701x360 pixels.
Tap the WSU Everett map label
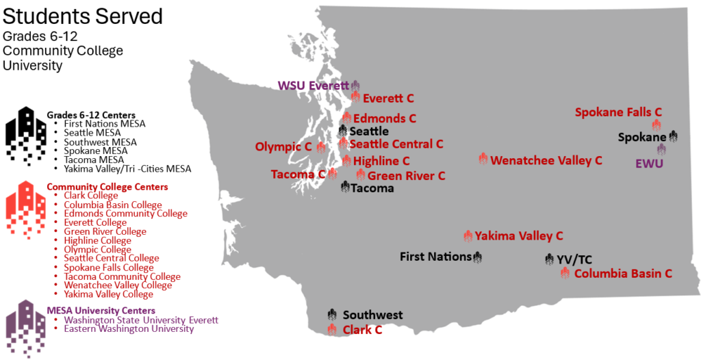click(313, 86)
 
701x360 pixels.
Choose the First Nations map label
click(435, 257)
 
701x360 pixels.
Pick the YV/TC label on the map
click(574, 259)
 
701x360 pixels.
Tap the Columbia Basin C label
click(623, 274)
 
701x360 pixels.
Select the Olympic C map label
click(283, 146)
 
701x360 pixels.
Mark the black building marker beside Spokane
click(674, 136)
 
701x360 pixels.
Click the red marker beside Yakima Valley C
click(468, 236)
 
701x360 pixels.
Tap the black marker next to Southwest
click(332, 315)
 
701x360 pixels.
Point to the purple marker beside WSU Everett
click(355, 86)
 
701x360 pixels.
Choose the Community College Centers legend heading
click(107, 187)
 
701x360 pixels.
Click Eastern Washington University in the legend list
click(129, 329)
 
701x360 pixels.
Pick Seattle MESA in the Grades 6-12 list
click(92, 132)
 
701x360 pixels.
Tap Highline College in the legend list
click(97, 240)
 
